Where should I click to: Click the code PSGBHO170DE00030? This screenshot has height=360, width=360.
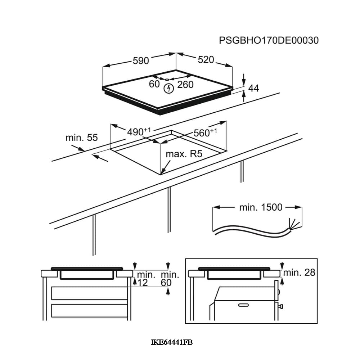tap(269, 40)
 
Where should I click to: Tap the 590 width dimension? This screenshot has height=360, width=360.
tap(141, 61)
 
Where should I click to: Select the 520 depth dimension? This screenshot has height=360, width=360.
tap(206, 60)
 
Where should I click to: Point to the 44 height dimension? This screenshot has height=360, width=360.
tap(254, 88)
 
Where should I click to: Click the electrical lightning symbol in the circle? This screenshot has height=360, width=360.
tap(168, 88)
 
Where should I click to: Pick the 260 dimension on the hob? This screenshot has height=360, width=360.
tap(186, 85)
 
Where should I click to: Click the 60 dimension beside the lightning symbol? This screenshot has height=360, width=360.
tap(154, 84)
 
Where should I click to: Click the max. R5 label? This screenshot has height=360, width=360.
tap(184, 154)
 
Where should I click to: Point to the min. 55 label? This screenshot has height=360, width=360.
tap(82, 138)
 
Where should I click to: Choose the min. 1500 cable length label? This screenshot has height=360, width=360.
tap(261, 207)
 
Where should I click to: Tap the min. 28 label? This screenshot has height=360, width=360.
tap(299, 273)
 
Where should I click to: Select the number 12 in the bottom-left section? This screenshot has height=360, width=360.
tap(143, 283)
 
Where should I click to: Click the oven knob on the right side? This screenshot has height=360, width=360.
tap(280, 306)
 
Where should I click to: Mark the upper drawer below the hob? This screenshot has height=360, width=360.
tap(90, 293)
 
